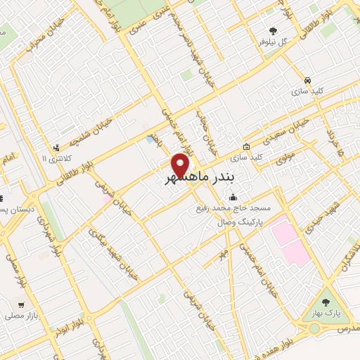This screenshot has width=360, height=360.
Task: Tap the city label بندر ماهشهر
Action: [x=192, y=180]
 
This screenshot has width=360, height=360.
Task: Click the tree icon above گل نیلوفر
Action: [x=274, y=30]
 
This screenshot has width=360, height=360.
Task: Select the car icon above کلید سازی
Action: [x=309, y=79]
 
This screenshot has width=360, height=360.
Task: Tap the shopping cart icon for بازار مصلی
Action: [x=22, y=306]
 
